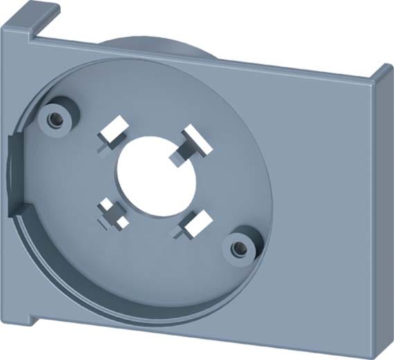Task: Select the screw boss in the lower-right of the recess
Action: pos(238,244)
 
